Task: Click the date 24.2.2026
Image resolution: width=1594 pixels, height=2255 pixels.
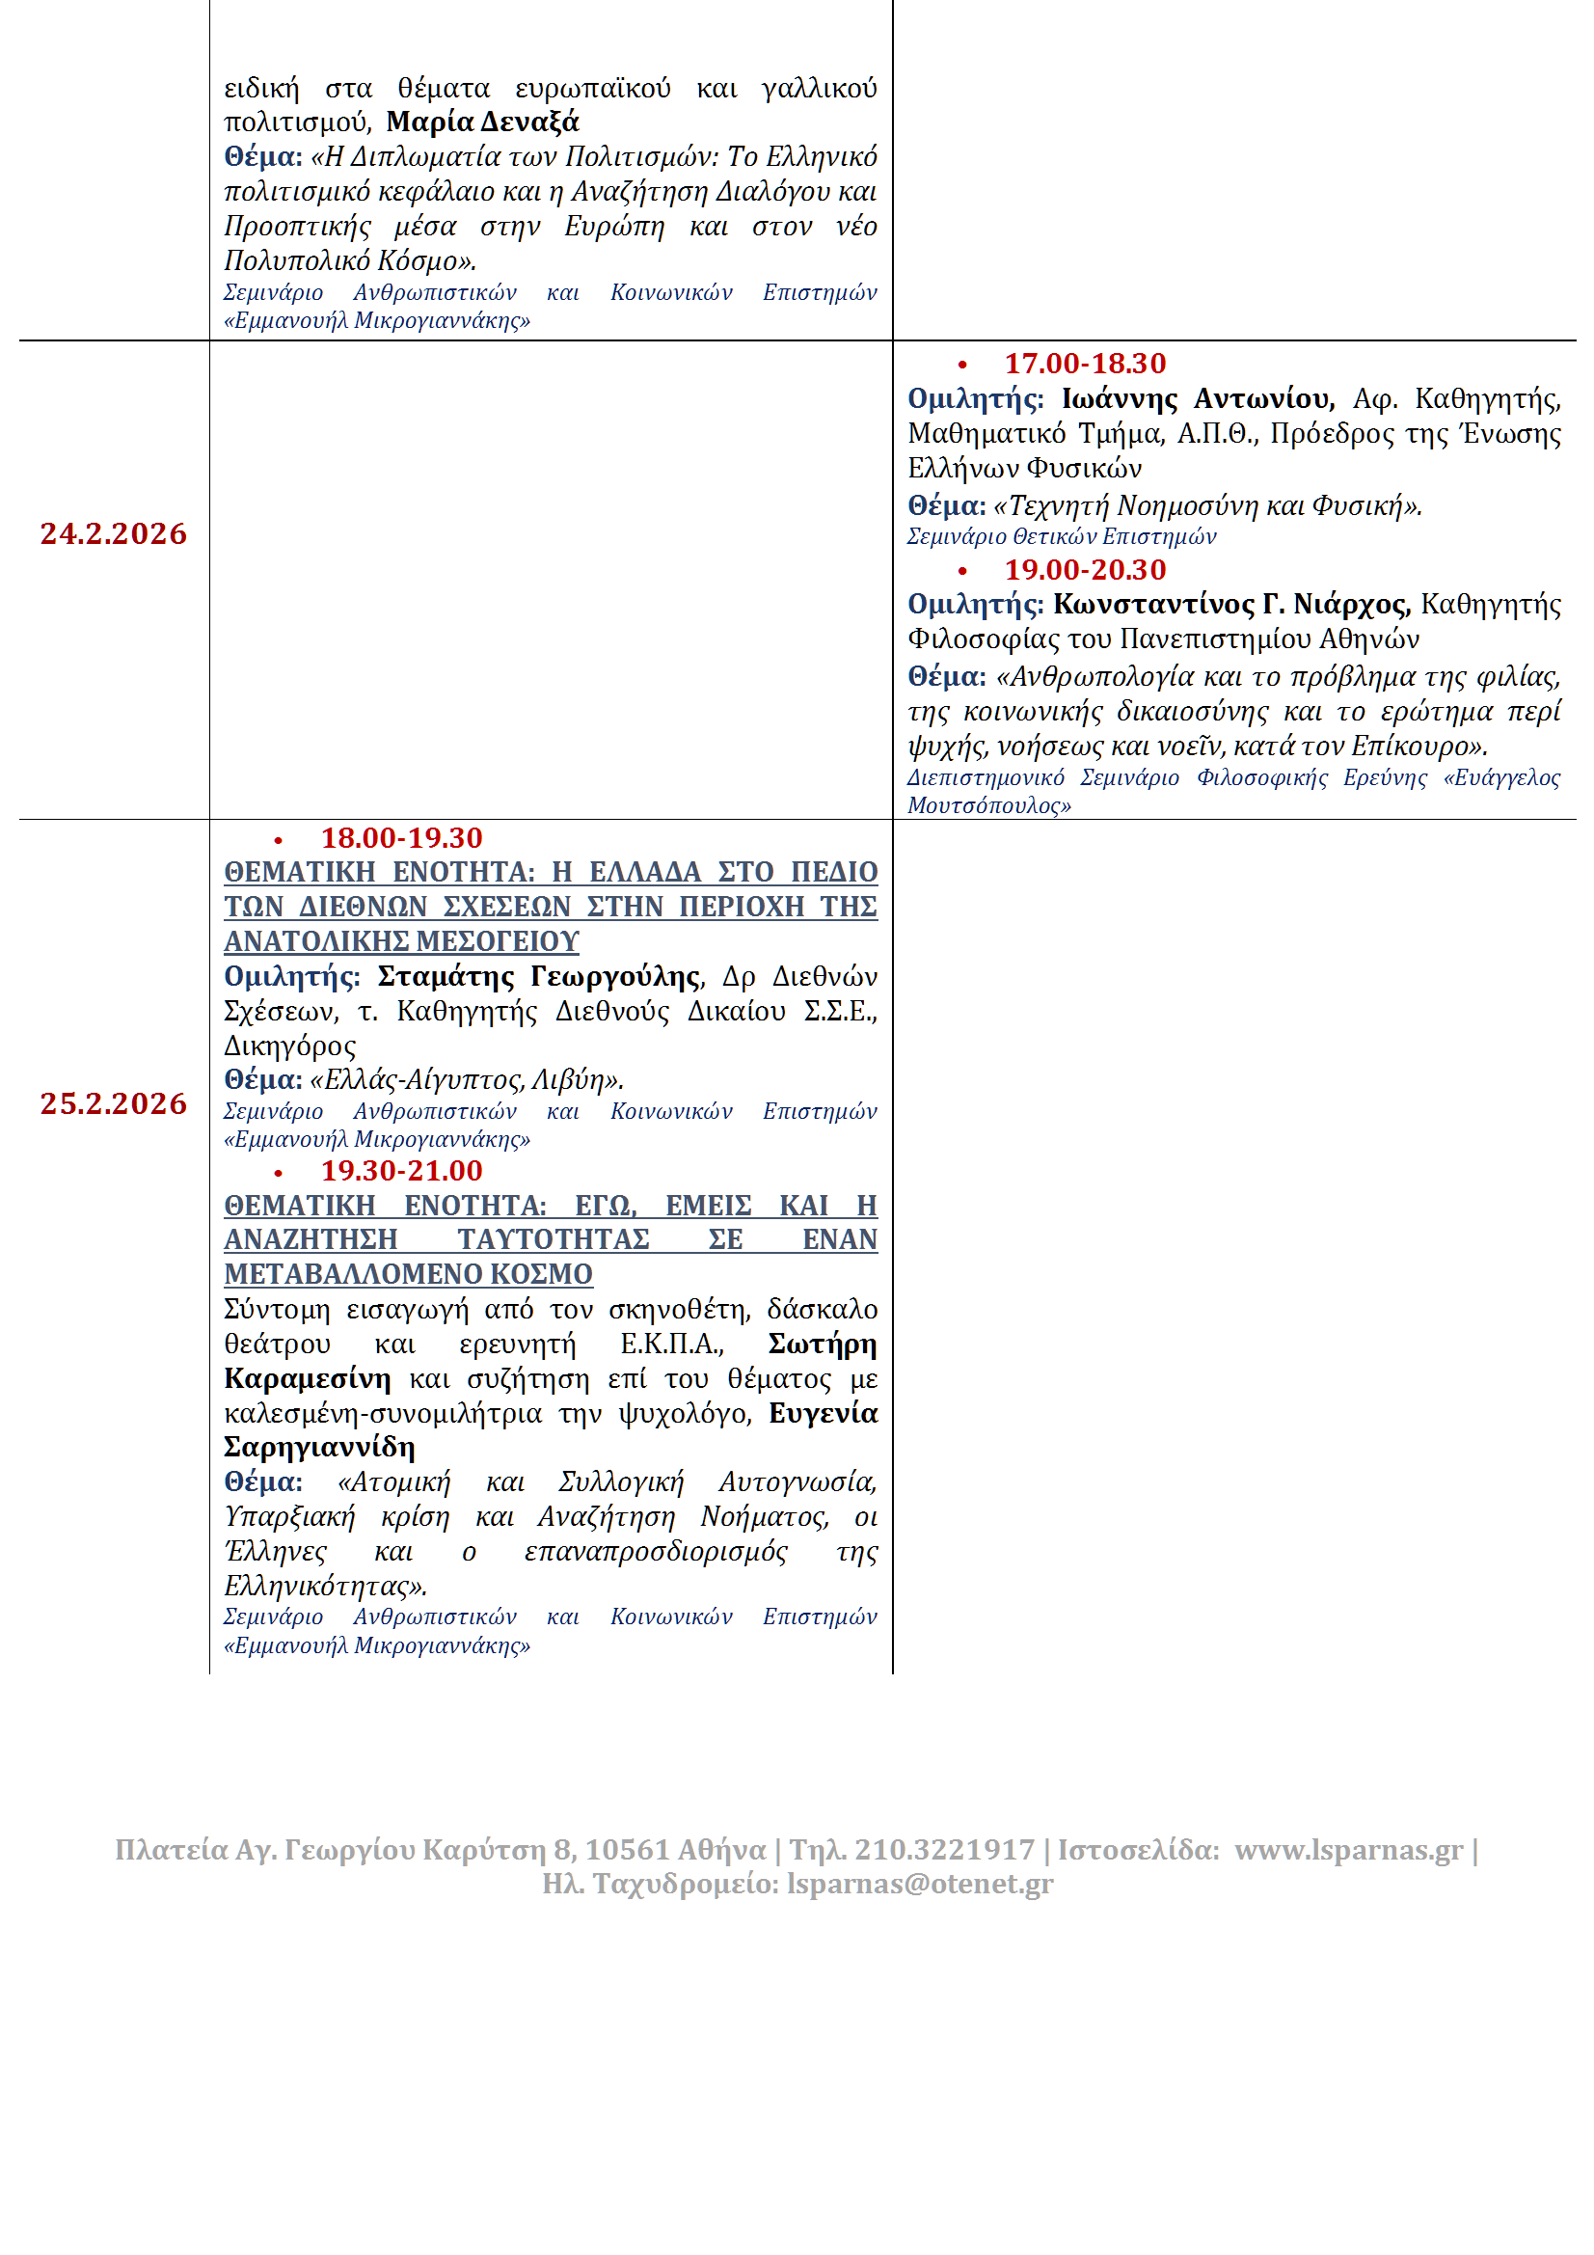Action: (x=113, y=534)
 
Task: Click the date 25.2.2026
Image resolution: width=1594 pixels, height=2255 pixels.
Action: (x=113, y=1104)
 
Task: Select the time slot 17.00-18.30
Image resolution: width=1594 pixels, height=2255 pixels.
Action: (x=1084, y=365)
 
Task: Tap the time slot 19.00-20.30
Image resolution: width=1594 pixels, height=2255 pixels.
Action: (x=1084, y=571)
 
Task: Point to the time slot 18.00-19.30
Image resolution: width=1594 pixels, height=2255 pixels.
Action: (x=402, y=839)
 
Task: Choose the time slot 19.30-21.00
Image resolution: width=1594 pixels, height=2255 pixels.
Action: (x=402, y=1172)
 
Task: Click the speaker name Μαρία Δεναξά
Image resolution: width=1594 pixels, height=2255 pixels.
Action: (x=482, y=122)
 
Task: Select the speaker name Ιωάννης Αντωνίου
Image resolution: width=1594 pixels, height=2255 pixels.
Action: (x=1198, y=399)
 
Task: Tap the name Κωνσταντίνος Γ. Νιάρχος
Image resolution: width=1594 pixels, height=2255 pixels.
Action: (x=1231, y=605)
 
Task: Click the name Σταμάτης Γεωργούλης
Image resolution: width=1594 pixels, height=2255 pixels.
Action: (x=539, y=977)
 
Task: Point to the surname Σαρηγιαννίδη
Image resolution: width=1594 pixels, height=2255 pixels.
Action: (x=319, y=1448)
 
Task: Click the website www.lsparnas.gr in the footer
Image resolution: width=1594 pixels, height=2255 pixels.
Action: (x=1348, y=1850)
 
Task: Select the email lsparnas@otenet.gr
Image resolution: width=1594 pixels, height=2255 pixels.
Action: (x=919, y=1884)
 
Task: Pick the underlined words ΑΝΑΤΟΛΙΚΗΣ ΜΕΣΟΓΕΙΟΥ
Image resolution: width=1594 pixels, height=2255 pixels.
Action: (x=402, y=942)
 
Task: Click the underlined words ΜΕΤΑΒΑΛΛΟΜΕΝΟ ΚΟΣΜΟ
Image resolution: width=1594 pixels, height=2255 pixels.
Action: (x=409, y=1275)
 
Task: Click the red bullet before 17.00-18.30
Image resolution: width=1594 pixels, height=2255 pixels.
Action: (x=962, y=366)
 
